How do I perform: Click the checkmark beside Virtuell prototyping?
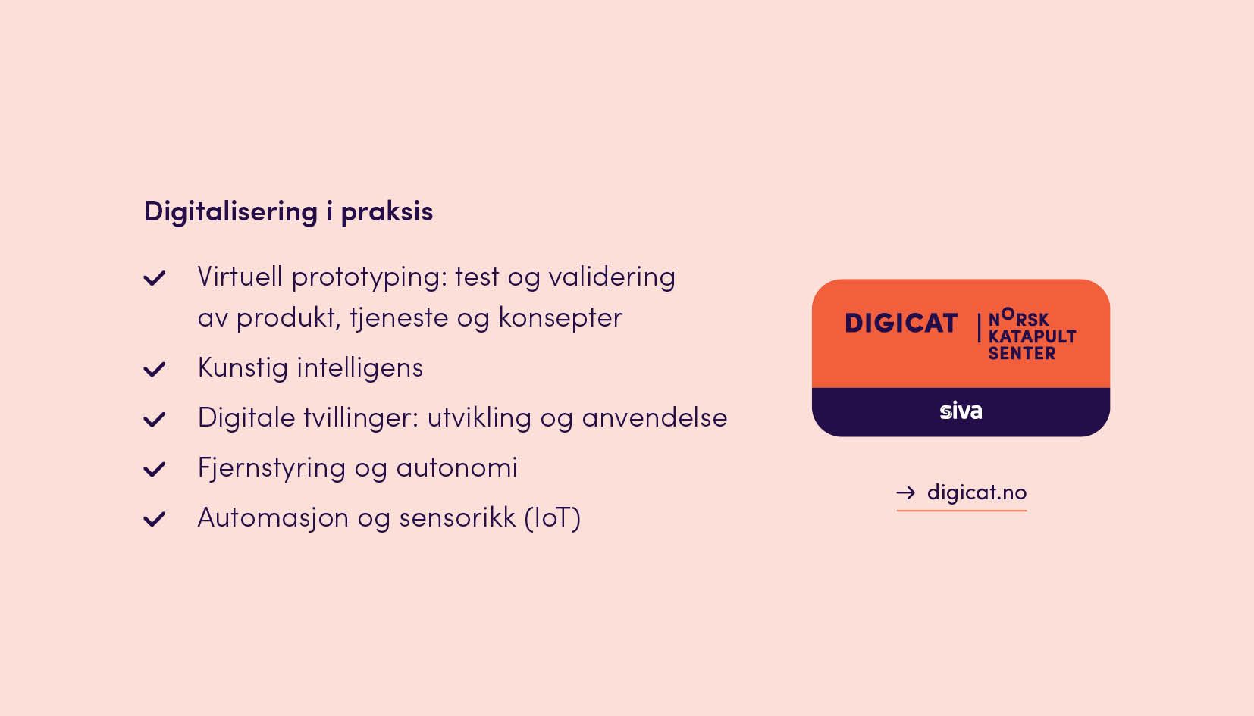click(x=155, y=277)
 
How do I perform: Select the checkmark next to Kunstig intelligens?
click(x=155, y=369)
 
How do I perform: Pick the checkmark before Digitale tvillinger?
click(x=155, y=419)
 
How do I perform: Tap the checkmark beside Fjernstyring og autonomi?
click(x=155, y=469)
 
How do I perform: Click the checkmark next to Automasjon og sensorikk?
click(x=155, y=519)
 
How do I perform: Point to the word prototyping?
click(x=369, y=278)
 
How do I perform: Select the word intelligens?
click(x=359, y=369)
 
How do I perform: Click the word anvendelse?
click(x=654, y=417)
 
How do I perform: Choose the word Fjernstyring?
click(x=271, y=469)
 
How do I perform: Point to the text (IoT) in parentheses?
click(x=553, y=518)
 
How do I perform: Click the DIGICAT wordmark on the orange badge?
click(x=901, y=324)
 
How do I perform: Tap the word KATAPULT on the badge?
click(x=1032, y=336)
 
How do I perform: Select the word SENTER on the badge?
click(x=1022, y=354)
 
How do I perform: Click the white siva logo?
click(x=961, y=411)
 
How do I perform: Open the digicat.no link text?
click(x=977, y=493)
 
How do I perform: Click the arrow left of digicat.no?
click(x=906, y=492)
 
